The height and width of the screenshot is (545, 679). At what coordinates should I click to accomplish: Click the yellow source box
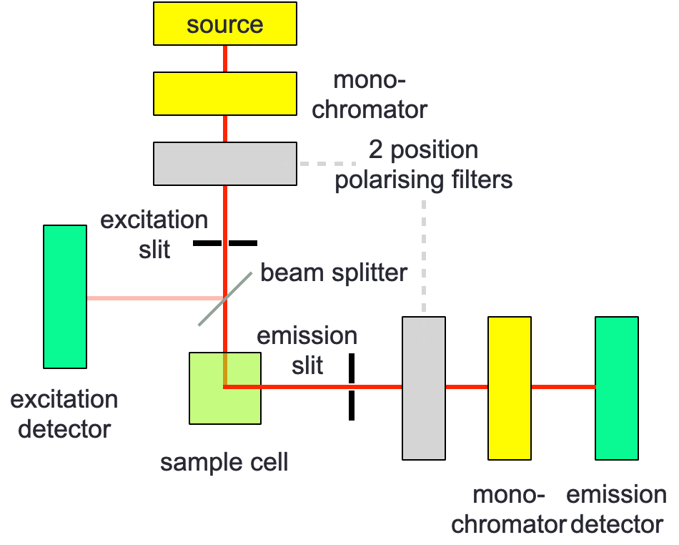(x=225, y=24)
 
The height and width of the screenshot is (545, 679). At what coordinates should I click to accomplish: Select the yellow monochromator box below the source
(x=225, y=93)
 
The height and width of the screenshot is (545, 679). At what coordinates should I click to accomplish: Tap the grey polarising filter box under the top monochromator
(x=225, y=163)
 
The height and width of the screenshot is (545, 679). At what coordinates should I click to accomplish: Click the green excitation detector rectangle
(x=65, y=297)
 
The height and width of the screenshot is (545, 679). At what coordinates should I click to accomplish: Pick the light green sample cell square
(x=224, y=388)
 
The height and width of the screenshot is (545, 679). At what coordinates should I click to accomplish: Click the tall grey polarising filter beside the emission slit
(x=424, y=388)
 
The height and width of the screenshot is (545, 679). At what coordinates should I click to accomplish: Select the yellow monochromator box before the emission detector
(x=510, y=388)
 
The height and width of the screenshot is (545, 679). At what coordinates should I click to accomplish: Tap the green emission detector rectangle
(x=617, y=388)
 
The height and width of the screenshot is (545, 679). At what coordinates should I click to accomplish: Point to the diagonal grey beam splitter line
(x=214, y=308)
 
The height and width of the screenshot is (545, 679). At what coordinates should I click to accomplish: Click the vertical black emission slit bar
(x=352, y=386)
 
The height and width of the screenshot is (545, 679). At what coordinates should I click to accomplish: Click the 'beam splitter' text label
(x=334, y=272)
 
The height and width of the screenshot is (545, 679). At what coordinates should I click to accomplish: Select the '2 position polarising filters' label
(x=424, y=165)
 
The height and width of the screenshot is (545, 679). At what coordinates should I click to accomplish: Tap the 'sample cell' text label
(x=224, y=462)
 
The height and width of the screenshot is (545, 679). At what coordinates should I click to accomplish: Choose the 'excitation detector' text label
(x=64, y=413)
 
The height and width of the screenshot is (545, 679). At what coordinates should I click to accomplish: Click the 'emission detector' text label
(x=617, y=509)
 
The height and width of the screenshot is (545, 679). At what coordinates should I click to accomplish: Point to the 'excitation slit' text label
(x=154, y=234)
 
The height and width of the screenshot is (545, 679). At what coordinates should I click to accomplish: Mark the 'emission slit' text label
(x=307, y=350)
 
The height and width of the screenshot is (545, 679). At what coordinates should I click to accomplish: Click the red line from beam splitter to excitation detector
(x=154, y=297)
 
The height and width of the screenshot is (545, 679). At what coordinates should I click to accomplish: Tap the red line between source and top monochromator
(x=225, y=59)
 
